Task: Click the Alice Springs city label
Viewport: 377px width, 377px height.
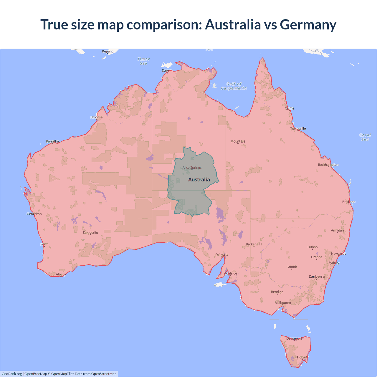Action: point(192,168)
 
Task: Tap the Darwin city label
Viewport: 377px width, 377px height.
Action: point(167,70)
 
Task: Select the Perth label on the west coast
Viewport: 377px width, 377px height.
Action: point(44,244)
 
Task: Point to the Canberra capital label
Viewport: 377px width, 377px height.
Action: point(317,276)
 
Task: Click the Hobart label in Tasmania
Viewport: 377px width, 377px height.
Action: point(302,357)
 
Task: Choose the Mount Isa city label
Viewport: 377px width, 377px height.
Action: point(238,141)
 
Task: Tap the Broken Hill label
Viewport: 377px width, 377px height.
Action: point(254,244)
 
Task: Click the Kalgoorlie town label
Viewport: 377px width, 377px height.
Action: point(90,233)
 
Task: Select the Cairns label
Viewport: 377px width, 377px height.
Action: point(290,108)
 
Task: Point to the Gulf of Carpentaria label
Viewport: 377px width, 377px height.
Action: point(234,86)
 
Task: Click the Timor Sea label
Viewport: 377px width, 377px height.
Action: point(144,61)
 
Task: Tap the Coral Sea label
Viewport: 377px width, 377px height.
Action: point(365,137)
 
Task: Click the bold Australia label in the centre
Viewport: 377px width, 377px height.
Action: point(199,180)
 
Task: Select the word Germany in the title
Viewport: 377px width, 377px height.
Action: point(308,24)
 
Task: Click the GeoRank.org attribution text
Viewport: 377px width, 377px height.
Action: point(12,374)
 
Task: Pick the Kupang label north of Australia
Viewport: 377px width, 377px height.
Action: point(108,51)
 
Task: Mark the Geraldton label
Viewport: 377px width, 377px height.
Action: point(34,214)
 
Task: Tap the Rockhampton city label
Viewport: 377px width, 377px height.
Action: point(328,165)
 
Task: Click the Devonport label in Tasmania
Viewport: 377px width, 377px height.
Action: point(294,338)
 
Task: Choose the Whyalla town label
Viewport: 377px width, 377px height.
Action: point(222,254)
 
